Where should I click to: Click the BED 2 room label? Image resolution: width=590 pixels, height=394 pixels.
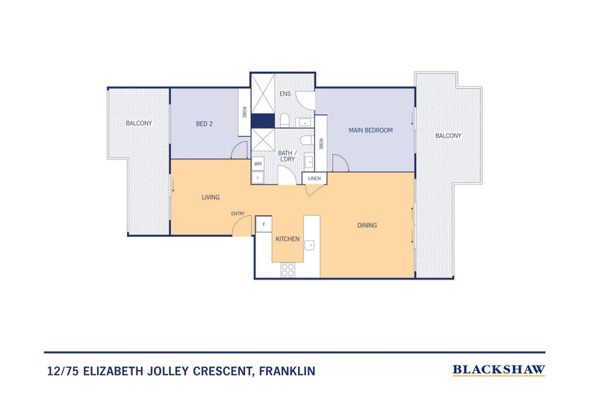point(205,124)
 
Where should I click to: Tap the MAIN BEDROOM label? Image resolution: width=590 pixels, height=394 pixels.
point(370,130)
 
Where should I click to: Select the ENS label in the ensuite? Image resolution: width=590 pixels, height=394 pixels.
point(285,94)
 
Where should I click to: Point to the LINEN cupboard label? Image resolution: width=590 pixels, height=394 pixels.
point(314,179)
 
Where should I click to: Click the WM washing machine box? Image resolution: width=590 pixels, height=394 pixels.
point(258,163)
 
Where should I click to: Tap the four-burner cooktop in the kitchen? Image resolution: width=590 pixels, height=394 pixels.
point(288,271)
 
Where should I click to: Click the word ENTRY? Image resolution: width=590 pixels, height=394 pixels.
point(238,214)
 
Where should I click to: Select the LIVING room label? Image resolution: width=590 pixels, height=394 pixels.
point(211,197)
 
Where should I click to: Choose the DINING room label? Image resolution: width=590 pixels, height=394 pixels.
point(367,225)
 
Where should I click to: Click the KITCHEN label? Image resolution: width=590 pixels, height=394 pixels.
point(288,239)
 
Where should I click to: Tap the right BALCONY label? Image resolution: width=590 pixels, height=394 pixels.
point(448,135)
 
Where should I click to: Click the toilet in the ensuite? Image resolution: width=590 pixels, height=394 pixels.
point(285,120)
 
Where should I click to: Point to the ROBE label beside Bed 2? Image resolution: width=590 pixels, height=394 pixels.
point(244,112)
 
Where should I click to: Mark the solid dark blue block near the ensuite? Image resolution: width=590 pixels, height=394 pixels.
point(262,120)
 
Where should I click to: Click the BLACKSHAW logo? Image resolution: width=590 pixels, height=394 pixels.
point(499,369)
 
